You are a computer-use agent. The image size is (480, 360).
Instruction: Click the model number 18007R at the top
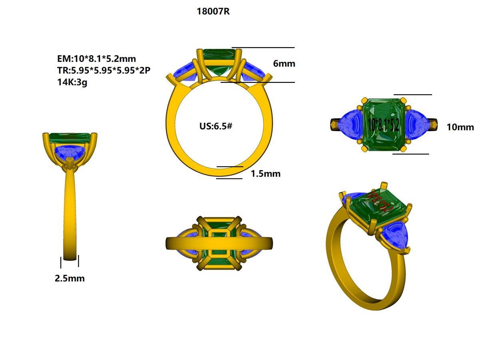point(213,12)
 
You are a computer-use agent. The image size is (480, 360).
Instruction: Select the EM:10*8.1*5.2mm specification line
point(96,59)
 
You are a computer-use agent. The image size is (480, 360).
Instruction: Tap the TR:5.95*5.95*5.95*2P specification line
point(104,71)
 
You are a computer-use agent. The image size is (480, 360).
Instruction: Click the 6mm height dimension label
point(284,64)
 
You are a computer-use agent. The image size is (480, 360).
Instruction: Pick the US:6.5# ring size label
point(216,126)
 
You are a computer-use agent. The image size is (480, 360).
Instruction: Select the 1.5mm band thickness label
point(265,174)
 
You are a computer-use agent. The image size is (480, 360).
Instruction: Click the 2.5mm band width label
point(70,278)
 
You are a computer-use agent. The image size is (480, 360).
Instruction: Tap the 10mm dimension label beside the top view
point(460,127)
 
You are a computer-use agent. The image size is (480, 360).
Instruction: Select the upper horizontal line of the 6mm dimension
point(263,48)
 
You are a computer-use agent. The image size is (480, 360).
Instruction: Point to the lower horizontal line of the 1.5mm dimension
point(229,178)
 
